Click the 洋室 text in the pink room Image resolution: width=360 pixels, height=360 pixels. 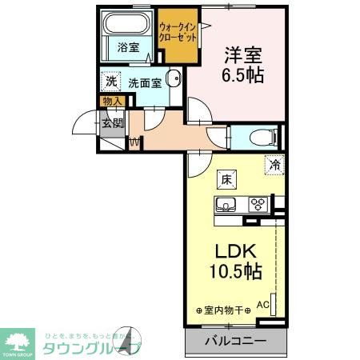(242, 56)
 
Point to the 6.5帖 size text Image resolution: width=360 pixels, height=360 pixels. (242, 78)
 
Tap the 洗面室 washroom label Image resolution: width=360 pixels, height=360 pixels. (145, 82)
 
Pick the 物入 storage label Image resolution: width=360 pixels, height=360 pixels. (112, 101)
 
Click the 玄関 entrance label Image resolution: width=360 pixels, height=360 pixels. (112, 123)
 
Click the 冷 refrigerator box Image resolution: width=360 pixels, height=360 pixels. (274, 166)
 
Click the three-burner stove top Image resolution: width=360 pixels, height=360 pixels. (258, 203)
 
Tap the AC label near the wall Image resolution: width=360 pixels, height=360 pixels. (262, 304)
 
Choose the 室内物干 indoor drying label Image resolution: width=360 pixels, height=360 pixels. (223, 310)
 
